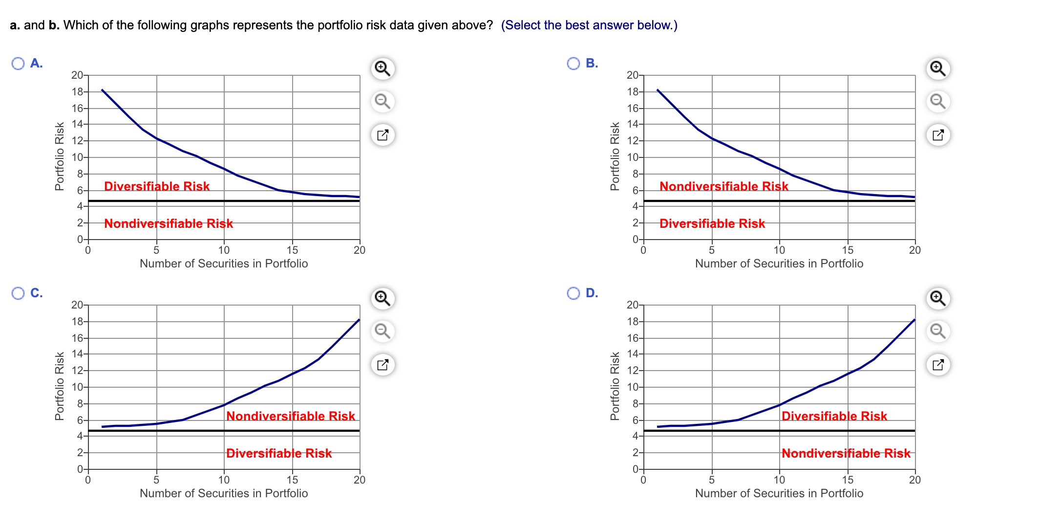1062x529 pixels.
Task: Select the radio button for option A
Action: (18, 64)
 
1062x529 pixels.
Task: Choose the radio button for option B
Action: (573, 64)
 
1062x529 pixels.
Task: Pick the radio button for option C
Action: (18, 293)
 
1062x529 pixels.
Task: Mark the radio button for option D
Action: (573, 293)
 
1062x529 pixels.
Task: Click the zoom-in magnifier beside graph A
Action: (382, 68)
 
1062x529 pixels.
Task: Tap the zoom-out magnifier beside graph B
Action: (938, 101)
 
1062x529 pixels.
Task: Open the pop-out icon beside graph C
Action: (382, 365)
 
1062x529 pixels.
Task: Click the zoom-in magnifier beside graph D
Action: (938, 298)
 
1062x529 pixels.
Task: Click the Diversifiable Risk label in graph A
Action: (157, 186)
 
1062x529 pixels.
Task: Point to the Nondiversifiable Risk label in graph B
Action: (723, 186)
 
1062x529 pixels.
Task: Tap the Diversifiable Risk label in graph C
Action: (279, 453)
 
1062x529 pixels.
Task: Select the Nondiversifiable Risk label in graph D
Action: (846, 453)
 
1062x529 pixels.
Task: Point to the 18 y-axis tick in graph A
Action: (77, 92)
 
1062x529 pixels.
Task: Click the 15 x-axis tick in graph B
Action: (848, 250)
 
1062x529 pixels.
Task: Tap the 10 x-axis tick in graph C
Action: (224, 480)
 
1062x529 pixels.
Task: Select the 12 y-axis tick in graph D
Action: (633, 371)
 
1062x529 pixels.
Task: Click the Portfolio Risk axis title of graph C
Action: (60, 386)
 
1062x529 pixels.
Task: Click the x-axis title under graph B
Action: (779, 264)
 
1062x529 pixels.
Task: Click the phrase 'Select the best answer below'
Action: (589, 25)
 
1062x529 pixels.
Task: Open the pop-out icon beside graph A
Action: (382, 135)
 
